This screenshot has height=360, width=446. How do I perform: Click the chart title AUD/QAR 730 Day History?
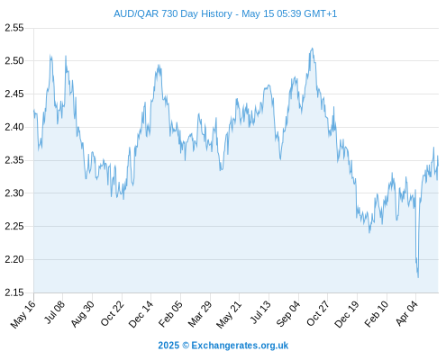tap(173, 13)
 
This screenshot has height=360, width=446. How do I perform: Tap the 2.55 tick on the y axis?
tap(14, 28)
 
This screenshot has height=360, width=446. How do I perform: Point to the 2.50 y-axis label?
tap(14, 61)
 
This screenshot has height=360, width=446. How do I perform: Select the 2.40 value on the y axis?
tap(14, 127)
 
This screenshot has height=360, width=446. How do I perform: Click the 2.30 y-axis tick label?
tap(14, 193)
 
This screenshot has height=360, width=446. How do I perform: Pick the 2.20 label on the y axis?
tap(14, 259)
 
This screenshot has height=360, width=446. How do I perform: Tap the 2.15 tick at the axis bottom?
tap(14, 292)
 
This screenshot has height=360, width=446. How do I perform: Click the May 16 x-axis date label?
tap(23, 314)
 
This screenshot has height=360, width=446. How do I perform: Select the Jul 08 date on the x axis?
tap(54, 312)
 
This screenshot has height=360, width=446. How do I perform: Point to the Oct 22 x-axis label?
tap(113, 313)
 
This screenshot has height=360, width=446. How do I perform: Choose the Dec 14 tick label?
tap(141, 314)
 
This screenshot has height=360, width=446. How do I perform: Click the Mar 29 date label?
tap(200, 314)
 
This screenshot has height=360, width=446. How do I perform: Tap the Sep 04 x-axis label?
tap(288, 314)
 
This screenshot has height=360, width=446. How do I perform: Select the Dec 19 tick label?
tap(347, 314)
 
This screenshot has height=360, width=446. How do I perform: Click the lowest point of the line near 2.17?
tap(418, 277)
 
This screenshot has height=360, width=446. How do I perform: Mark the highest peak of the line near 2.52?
tap(313, 48)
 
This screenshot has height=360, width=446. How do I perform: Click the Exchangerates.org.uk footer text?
tap(240, 346)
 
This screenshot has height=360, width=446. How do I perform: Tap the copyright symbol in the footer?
tap(186, 346)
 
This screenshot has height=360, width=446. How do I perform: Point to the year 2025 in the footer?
tap(168, 346)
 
